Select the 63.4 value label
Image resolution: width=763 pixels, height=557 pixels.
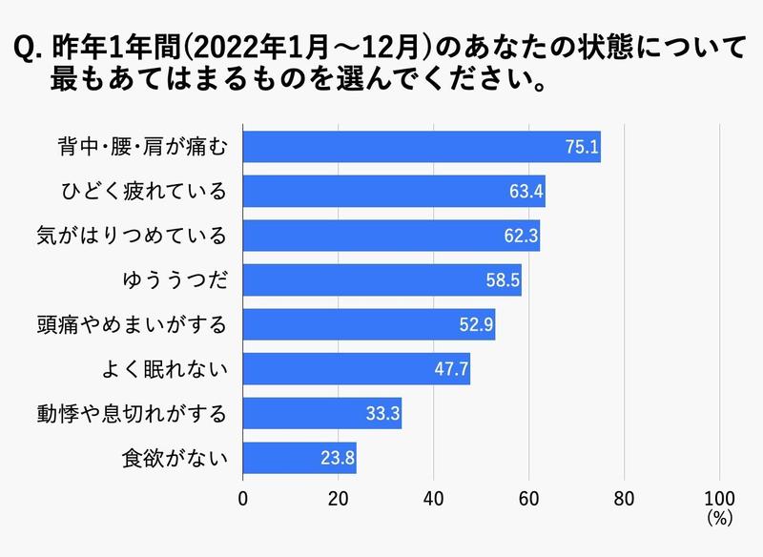[526, 192]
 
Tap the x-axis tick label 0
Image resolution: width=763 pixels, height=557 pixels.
[243, 497]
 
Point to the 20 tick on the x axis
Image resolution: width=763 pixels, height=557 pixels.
[339, 497]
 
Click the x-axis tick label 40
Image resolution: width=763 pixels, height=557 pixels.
[434, 497]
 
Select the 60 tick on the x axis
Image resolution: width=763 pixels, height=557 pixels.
[528, 497]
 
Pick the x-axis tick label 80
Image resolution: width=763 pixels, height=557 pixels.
[624, 497]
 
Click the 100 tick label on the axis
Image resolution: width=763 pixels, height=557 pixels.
[719, 497]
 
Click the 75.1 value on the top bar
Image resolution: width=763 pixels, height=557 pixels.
[582, 147]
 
